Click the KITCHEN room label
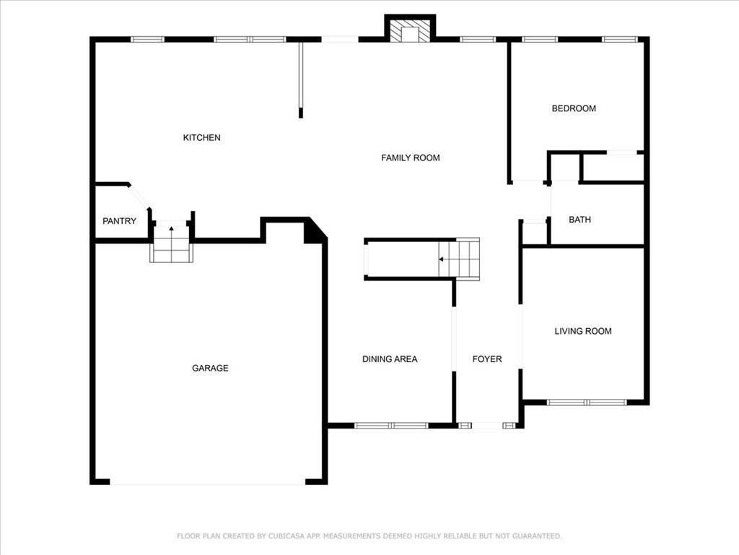point(202,138)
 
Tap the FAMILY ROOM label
point(411,158)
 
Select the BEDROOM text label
point(574,108)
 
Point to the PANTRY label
point(119,221)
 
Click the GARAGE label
point(210,368)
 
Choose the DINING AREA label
point(390,359)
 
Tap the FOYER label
point(487,359)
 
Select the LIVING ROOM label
point(583,331)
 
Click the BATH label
point(580,220)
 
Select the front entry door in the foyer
point(487,426)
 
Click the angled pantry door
point(139,197)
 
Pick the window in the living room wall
point(586,403)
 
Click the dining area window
point(391,426)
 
